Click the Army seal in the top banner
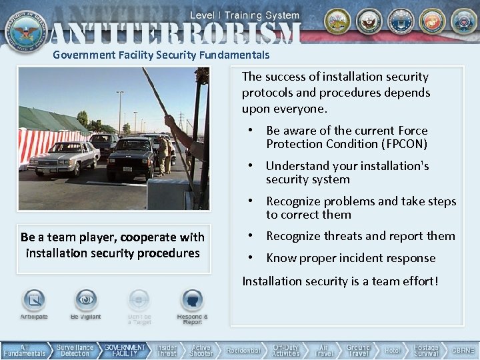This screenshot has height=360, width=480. (x=337, y=21)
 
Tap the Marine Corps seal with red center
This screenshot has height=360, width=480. (x=431, y=21)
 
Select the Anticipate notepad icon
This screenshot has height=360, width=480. (x=33, y=301)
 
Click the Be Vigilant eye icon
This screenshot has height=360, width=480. (x=85, y=301)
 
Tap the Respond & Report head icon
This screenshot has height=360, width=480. (x=192, y=301)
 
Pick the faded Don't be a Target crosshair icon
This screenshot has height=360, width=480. (x=139, y=301)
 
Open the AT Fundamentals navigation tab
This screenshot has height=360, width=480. (x=25, y=351)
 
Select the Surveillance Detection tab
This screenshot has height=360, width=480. (x=75, y=351)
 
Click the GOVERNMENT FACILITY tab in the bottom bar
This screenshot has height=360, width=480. (x=125, y=351)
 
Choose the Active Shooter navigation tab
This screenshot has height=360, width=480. (x=201, y=351)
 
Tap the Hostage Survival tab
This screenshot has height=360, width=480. (x=426, y=351)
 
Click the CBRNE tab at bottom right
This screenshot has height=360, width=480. (x=463, y=351)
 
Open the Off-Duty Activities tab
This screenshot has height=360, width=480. (x=286, y=351)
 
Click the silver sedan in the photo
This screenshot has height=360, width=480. (x=64, y=157)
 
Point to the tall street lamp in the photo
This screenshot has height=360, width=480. (x=120, y=110)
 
